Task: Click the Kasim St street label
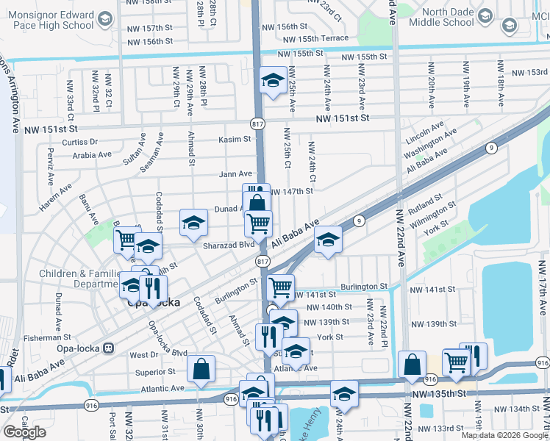coord(235,139)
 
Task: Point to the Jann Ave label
coord(235,174)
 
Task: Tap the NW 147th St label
coord(292,191)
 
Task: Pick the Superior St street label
coord(154,373)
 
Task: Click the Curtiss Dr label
coord(80,142)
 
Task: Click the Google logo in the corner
coord(25,432)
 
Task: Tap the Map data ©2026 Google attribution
coord(504,435)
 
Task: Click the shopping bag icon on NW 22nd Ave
coord(413,363)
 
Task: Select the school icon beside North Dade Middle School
coord(485,17)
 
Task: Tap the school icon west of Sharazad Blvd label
coord(193,223)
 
